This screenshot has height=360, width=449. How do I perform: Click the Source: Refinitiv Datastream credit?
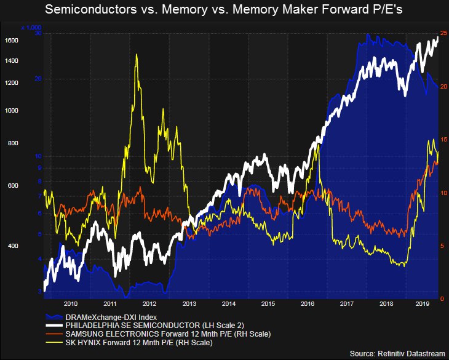coord(396,353)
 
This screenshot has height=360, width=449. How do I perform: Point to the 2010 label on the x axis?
coord(71,304)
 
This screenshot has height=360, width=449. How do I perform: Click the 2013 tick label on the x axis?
coord(189,304)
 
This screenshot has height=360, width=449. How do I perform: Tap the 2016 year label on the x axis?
coord(307,304)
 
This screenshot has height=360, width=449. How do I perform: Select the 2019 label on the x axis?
coord(423,304)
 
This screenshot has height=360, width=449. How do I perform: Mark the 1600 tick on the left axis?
coord(11,41)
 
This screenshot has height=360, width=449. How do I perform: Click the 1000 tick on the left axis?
coord(11,111)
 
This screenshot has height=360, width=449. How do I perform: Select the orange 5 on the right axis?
coord(444,246)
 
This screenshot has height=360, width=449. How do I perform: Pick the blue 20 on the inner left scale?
coord(38,79)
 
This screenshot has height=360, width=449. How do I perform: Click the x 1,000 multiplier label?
coord(31,28)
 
